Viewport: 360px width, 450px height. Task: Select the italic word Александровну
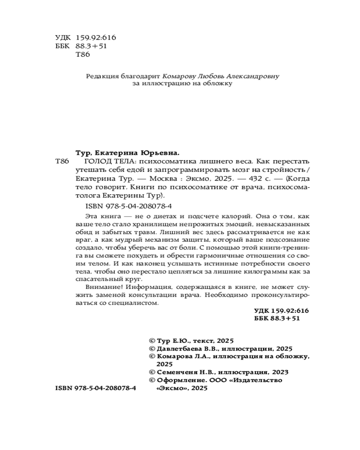253,76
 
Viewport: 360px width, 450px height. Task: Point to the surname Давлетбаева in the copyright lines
177,348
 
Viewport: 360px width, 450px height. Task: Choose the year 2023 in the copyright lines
279,372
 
